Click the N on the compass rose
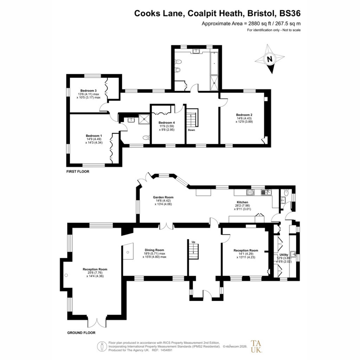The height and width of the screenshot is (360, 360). coord(270,59)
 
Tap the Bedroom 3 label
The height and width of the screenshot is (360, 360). coord(88,91)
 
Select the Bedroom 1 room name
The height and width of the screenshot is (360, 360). coord(94,136)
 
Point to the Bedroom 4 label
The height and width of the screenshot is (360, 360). coord(167,123)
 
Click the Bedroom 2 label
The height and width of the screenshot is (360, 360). coord(244,115)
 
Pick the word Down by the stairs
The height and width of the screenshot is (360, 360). coord(192,130)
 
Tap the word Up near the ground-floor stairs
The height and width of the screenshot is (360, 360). coord(193,242)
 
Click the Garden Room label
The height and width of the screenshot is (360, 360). coord(163,197)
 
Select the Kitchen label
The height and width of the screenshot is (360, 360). coord(243,202)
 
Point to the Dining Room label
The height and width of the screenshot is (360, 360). coord(155,250)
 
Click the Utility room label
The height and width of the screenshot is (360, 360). coord(284,255)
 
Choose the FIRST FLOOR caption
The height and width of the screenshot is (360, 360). coord(78,172)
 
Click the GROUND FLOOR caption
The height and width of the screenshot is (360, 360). coord(81,333)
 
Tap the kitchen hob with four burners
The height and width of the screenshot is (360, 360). coord(250,192)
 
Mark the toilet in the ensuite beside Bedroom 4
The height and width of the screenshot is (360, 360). coord(146,138)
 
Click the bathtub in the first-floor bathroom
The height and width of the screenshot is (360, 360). coord(214,63)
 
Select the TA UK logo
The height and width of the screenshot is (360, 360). coord(256,346)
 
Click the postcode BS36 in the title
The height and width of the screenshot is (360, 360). coord(290,13)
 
